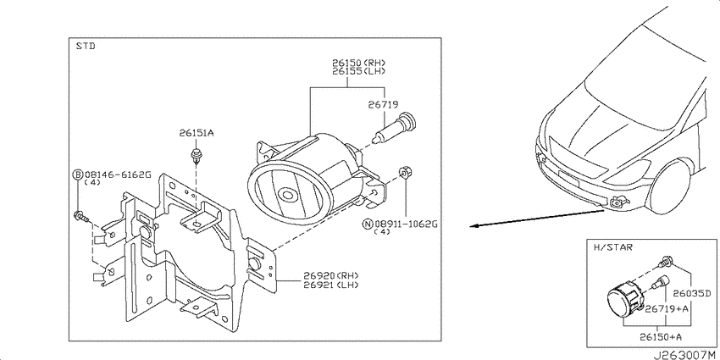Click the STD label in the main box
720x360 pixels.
pos(85,47)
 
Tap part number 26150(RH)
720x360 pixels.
pos(359,63)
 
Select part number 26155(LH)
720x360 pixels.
pos(359,71)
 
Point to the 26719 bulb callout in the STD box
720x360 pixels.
pos(383,105)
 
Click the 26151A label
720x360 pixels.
pos(197,133)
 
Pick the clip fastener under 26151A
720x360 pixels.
pos(197,156)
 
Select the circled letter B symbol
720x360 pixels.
pos(78,174)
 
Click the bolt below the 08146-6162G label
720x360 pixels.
pos(81,216)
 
